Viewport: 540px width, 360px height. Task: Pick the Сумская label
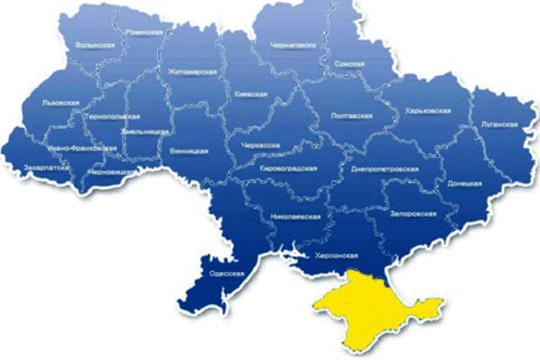point(349,66)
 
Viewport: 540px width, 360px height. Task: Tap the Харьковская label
point(427,111)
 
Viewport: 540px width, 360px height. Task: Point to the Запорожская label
point(416,213)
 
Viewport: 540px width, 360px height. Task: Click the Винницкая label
point(189,151)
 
